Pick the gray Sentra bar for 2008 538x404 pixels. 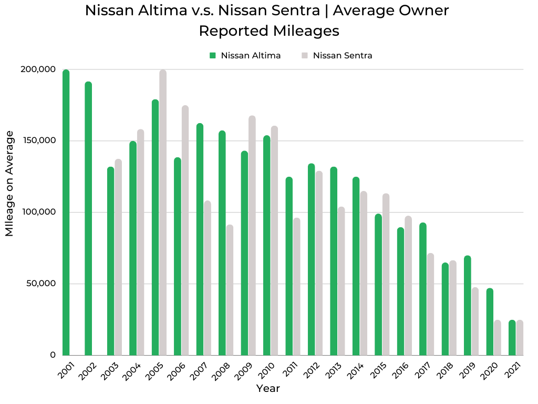tap(230, 290)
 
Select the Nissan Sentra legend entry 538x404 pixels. tap(337, 56)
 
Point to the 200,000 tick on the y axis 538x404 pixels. tap(38, 69)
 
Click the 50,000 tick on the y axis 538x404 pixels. tap(40, 284)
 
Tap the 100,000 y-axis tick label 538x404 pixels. tap(38, 212)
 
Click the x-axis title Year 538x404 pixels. tap(268, 389)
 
